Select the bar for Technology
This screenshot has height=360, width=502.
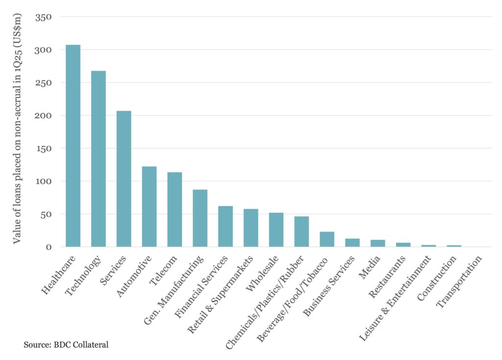click(99, 159)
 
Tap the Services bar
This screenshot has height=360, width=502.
click(124, 179)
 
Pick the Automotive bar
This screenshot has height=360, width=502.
click(149, 206)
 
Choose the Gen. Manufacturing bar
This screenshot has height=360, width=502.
click(200, 218)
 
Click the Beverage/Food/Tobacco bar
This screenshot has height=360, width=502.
click(327, 239)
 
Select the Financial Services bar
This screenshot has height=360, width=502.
click(226, 227)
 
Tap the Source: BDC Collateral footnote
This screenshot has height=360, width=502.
click(66, 345)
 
